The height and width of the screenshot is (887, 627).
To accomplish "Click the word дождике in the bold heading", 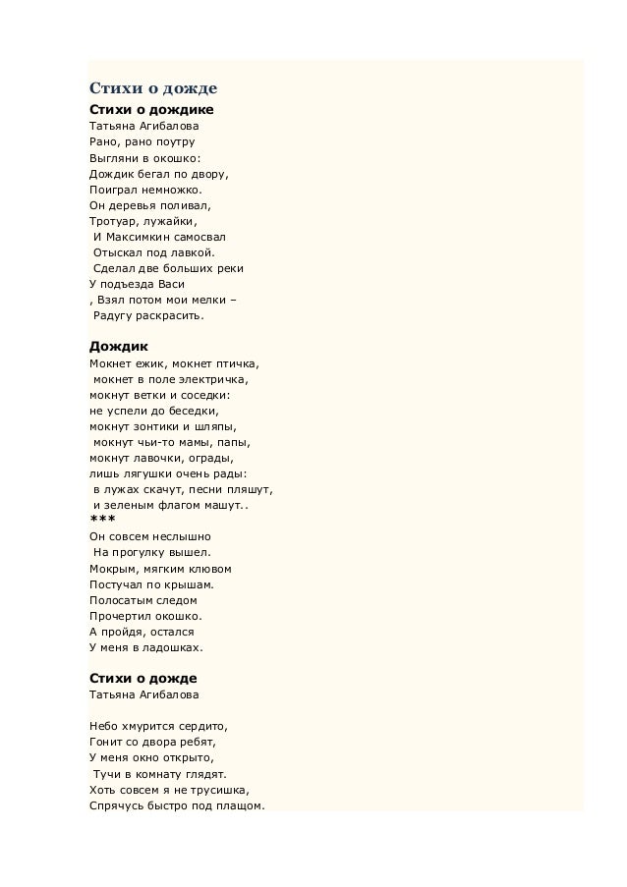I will coord(183,109).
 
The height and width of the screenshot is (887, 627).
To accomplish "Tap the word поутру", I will coord(173,141).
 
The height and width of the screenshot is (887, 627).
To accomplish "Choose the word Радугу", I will coord(115,315).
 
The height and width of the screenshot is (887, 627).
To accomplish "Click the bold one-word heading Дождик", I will coord(118,347).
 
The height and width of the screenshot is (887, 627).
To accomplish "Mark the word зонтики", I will coord(155,426).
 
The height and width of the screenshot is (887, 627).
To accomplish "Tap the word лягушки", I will coord(147,473).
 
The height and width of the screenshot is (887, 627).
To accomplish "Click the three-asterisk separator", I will coord(101,520).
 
